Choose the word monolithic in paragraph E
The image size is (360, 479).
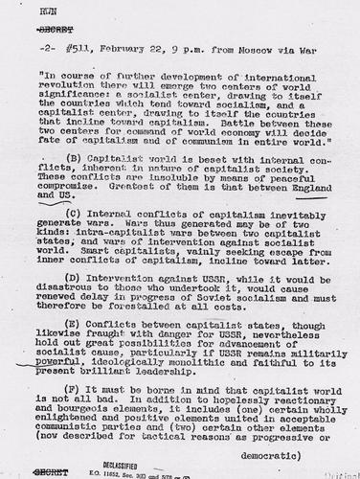click(x=177, y=365)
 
